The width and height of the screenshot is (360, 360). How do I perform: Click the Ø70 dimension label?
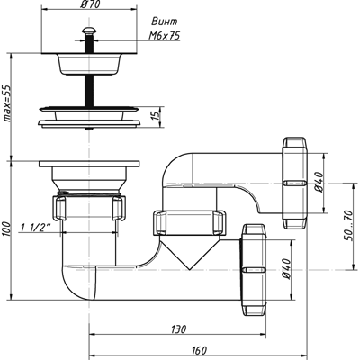pyautogui.click(x=89, y=4)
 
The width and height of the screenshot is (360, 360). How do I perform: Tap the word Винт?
pyautogui.click(x=165, y=22)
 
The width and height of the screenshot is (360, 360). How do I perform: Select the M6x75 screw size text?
pyautogui.click(x=165, y=36)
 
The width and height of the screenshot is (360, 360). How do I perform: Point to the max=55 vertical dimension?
pyautogui.click(x=6, y=103)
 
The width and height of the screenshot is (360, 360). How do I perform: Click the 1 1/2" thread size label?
pyautogui.click(x=35, y=228)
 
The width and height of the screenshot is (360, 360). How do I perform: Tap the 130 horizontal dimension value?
pyautogui.click(x=179, y=329)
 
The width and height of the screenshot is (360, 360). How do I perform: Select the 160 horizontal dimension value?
pyautogui.click(x=199, y=350)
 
